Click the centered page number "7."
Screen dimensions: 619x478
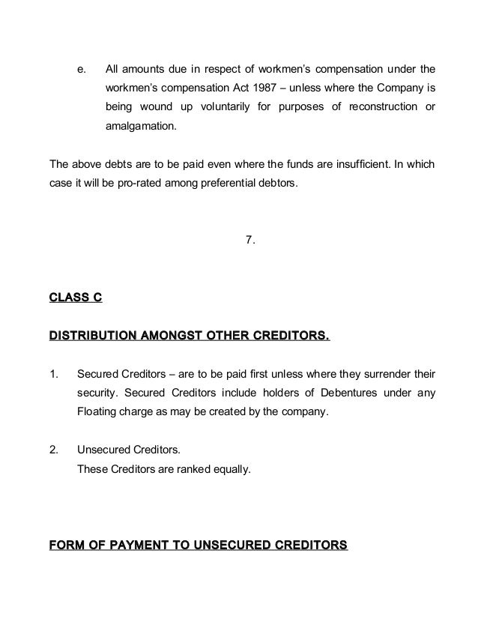(x=251, y=240)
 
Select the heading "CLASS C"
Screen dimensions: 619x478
(x=75, y=298)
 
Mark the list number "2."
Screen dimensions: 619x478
(x=53, y=452)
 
